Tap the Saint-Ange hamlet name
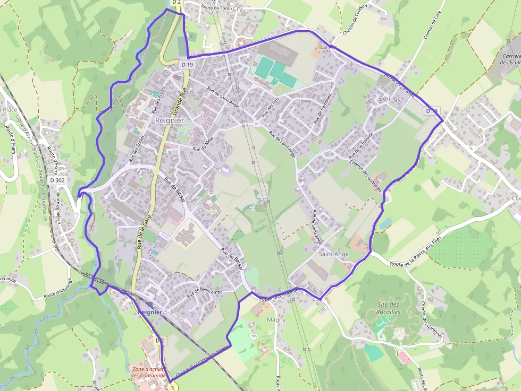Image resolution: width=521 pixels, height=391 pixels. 334,254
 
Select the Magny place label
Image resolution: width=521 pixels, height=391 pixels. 276,320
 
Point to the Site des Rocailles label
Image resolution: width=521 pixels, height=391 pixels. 388,308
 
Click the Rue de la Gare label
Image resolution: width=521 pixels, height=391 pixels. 142,230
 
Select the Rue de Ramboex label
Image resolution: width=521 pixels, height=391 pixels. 322,108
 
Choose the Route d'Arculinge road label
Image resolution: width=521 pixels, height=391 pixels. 57,288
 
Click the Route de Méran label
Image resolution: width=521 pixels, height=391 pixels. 57,208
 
